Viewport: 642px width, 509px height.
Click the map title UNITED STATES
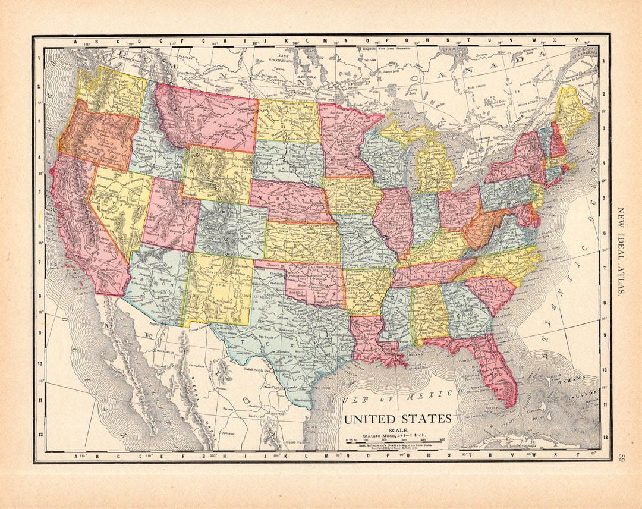[x=398, y=419]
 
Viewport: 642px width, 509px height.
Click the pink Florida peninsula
[x=496, y=372]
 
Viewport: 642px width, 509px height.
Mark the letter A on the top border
[x=76, y=42]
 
